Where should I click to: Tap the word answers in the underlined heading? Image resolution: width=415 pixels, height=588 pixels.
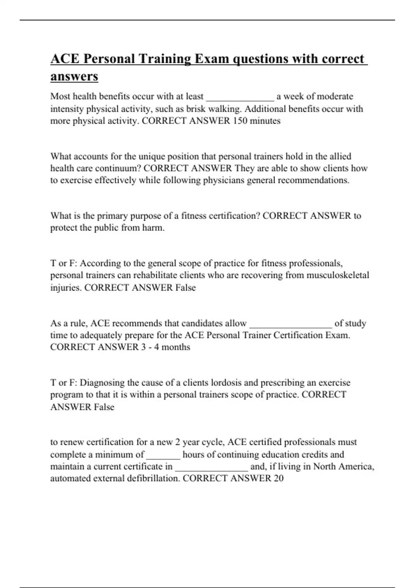click(x=74, y=76)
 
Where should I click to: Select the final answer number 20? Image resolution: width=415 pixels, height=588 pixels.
click(x=278, y=478)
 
